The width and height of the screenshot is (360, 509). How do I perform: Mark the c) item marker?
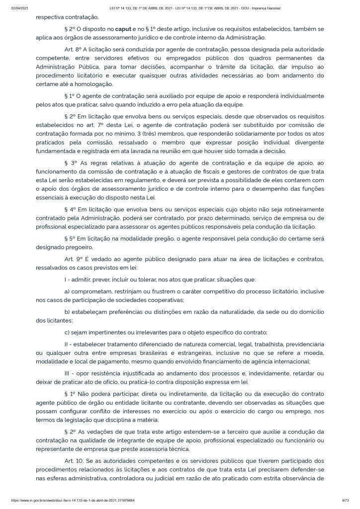click(68, 332)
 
